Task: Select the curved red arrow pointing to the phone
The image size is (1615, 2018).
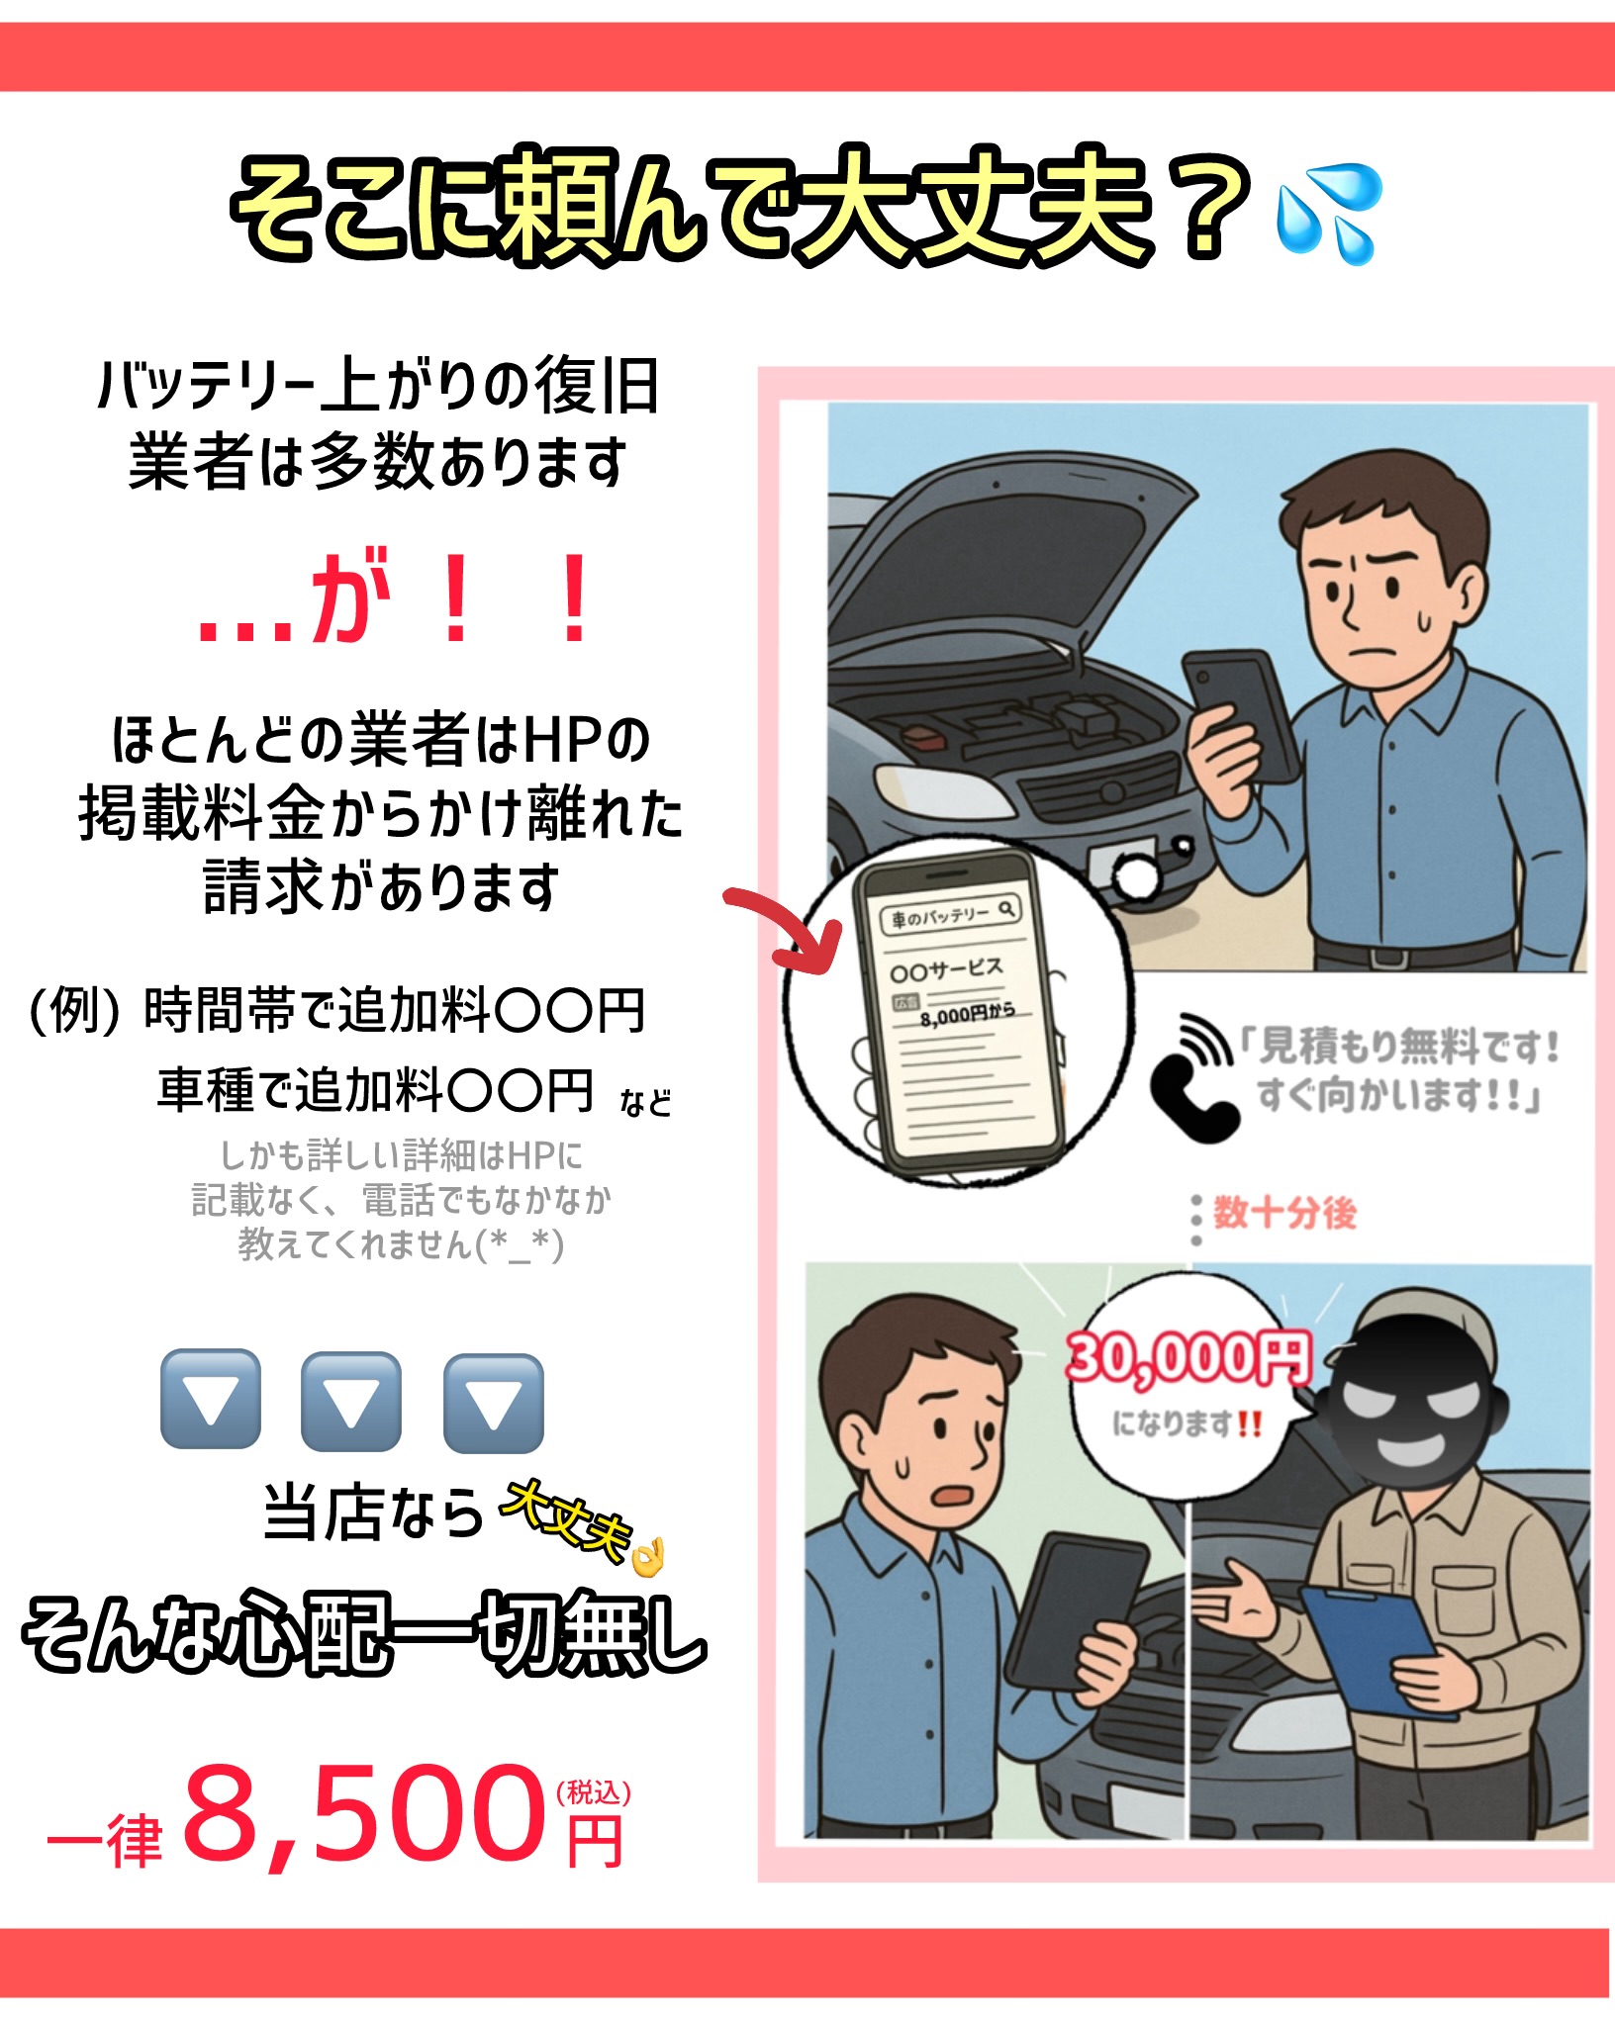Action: click(x=782, y=926)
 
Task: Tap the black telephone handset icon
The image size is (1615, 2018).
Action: click(x=1192, y=1078)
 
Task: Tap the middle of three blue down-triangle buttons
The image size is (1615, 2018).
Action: click(x=351, y=1401)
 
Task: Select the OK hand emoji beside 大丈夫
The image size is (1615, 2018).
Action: click(x=648, y=1556)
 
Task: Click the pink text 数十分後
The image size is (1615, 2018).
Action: click(x=1284, y=1212)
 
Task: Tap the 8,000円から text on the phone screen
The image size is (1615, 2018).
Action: click(x=967, y=1014)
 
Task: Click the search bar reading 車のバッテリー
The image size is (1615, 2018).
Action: click(x=951, y=915)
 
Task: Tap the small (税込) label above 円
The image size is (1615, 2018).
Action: click(x=594, y=1792)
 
